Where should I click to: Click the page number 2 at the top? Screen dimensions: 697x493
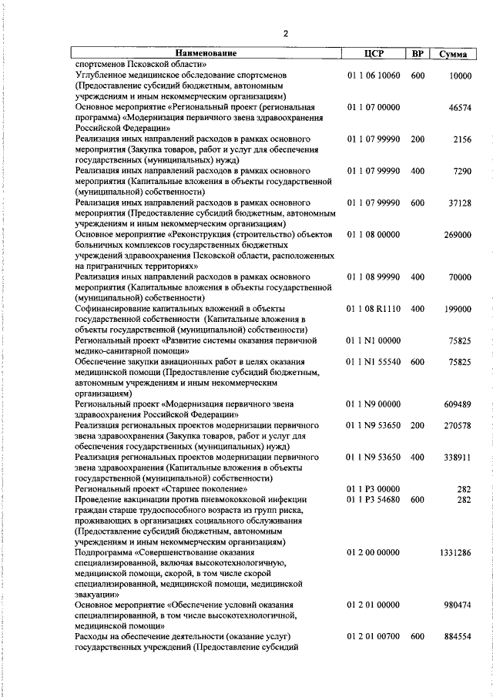coord(286,33)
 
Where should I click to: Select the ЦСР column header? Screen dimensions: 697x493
coord(374,54)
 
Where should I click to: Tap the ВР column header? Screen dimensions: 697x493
coord(418,54)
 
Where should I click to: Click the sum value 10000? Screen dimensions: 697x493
coord(459,75)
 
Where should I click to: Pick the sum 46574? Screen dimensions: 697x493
coord(459,108)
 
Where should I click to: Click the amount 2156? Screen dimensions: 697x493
coord(462,139)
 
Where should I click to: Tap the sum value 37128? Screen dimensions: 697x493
coord(459,203)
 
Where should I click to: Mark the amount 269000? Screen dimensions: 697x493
coord(457,235)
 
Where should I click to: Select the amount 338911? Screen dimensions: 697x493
coord(457,457)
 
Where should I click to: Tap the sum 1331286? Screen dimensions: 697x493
coord(454,552)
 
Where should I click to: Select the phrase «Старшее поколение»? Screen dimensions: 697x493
coord(206,489)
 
